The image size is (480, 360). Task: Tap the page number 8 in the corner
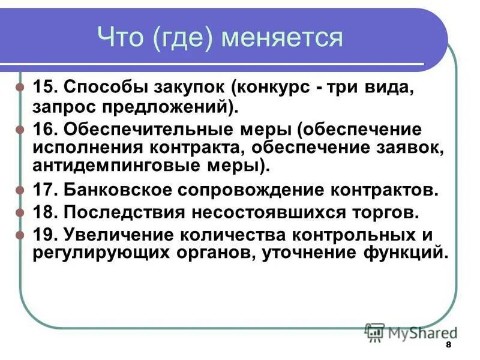click(x=448, y=347)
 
